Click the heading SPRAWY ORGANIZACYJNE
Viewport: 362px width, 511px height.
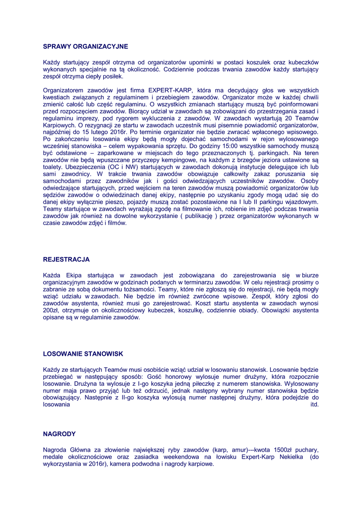click(x=85, y=46)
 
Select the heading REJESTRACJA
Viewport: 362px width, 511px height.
click(x=66, y=259)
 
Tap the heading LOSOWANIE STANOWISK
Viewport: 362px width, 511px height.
click(x=83, y=354)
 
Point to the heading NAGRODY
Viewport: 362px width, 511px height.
click(x=59, y=434)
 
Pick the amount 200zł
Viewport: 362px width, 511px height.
click(x=51, y=310)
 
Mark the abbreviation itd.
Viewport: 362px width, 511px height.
click(x=314, y=405)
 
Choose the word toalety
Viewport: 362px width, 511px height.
click(x=53, y=167)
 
